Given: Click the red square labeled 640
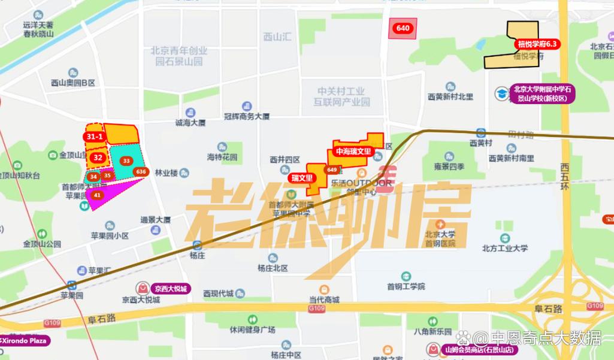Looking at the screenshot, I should pyautogui.click(x=403, y=28).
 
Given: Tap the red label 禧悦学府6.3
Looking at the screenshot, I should pyautogui.click(x=537, y=44).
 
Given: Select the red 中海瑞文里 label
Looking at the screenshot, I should pyautogui.click(x=353, y=152).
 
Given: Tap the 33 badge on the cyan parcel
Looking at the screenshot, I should pyautogui.click(x=126, y=161).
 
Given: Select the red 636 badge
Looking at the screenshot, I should pyautogui.click(x=141, y=172).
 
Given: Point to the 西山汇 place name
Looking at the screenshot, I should pyautogui.click(x=277, y=37).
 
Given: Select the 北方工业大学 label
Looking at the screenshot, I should pyautogui.click(x=504, y=248).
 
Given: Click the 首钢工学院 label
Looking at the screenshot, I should pyautogui.click(x=406, y=286).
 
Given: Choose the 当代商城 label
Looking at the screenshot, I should pyautogui.click(x=324, y=300).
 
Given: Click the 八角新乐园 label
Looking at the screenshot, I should pyautogui.click(x=432, y=331).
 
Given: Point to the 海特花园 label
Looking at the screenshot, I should pyautogui.click(x=222, y=158).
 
